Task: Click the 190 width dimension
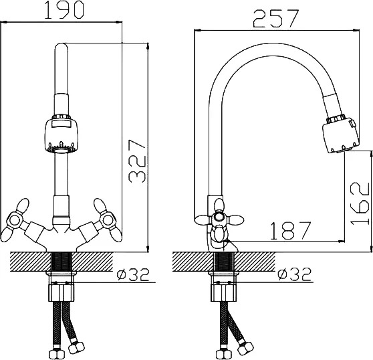click(64, 10)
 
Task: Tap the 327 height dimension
click(137, 161)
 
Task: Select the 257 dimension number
click(275, 18)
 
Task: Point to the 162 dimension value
click(360, 203)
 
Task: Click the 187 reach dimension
click(291, 230)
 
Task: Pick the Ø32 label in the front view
click(133, 275)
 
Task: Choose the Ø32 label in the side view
click(295, 274)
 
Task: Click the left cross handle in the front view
click(15, 220)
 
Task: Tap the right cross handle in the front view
click(108, 220)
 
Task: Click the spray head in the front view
click(61, 134)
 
